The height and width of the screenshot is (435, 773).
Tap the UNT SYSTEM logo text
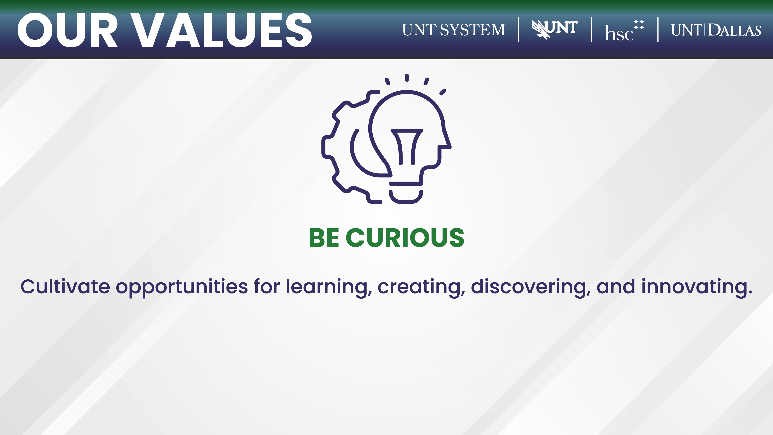click(x=454, y=30)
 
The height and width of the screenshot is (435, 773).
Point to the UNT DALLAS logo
click(x=716, y=30)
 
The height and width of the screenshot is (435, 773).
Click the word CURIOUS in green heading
click(x=405, y=238)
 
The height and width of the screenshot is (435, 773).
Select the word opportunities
click(x=182, y=288)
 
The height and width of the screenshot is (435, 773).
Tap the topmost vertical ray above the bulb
click(x=407, y=78)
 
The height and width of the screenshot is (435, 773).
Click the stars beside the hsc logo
click(x=639, y=25)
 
